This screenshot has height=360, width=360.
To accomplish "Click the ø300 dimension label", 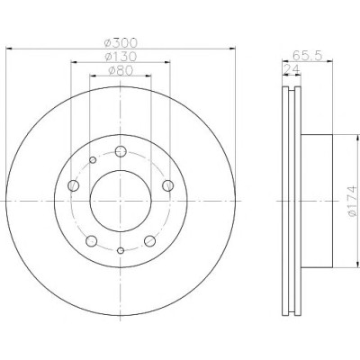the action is pyautogui.click(x=121, y=43).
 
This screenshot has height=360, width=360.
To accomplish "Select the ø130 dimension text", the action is pyautogui.click(x=121, y=57).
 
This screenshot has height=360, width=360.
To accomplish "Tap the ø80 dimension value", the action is pyautogui.click(x=121, y=70).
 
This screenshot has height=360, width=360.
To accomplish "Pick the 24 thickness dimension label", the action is pyautogui.click(x=292, y=69).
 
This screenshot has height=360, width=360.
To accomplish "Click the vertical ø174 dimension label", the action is pyautogui.click(x=352, y=201).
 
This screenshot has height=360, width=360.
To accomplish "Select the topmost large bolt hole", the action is pyautogui.click(x=121, y=151).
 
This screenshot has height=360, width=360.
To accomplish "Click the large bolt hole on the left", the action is pyautogui.click(x=74, y=185).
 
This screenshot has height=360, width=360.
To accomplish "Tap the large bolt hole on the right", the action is pyautogui.click(x=167, y=185).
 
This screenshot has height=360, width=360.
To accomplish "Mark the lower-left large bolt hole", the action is pyautogui.click(x=92, y=241).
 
